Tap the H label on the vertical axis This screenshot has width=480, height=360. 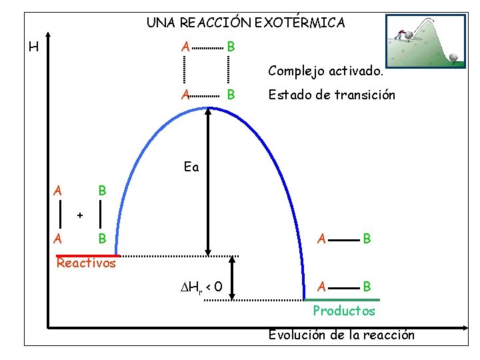click(33, 47)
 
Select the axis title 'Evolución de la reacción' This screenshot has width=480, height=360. click(341, 335)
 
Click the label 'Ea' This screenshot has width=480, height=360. click(191, 167)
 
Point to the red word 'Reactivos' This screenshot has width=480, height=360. click(86, 263)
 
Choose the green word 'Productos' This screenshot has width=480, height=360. click(344, 311)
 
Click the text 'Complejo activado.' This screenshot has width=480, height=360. click(325, 70)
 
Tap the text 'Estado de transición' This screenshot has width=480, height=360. click(331, 95)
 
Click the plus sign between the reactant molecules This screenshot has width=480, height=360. click(80, 215)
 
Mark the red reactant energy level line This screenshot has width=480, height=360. click(87, 255)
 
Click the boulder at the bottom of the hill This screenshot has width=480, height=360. click(455, 58)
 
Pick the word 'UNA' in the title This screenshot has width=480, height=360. click(158, 23)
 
